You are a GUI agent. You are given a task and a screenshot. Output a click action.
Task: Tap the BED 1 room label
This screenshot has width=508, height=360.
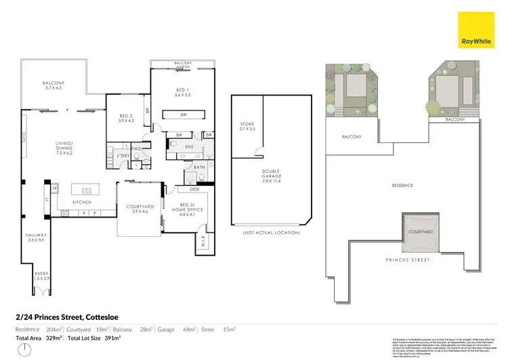coord(182,94)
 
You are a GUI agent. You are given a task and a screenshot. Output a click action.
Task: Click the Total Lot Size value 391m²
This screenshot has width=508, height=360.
coord(111,337)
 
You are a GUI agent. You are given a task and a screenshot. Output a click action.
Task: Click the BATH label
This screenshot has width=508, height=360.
coord(199,167)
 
